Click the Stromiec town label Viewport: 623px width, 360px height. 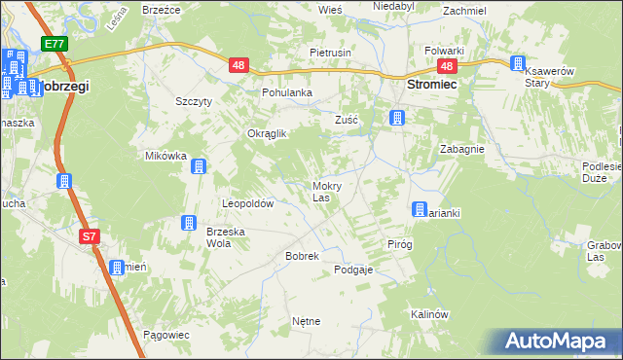pos(431,86)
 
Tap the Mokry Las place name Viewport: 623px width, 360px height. pos(325,191)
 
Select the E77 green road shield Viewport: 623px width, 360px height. pos(54,44)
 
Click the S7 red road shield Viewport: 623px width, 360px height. pos(89,236)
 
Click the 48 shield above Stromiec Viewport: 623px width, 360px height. pos(447,66)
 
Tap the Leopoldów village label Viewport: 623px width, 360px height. pos(248,204)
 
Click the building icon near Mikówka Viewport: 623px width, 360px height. pos(199,166)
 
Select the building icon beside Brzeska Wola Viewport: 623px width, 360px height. pos(188,224)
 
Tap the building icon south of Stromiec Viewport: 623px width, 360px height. pos(396,119)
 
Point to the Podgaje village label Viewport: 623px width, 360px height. pos(353,270)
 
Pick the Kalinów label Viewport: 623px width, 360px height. pos(428,314)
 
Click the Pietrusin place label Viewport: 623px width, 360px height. pos(330,52)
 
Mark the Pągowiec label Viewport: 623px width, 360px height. pos(165,335)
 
